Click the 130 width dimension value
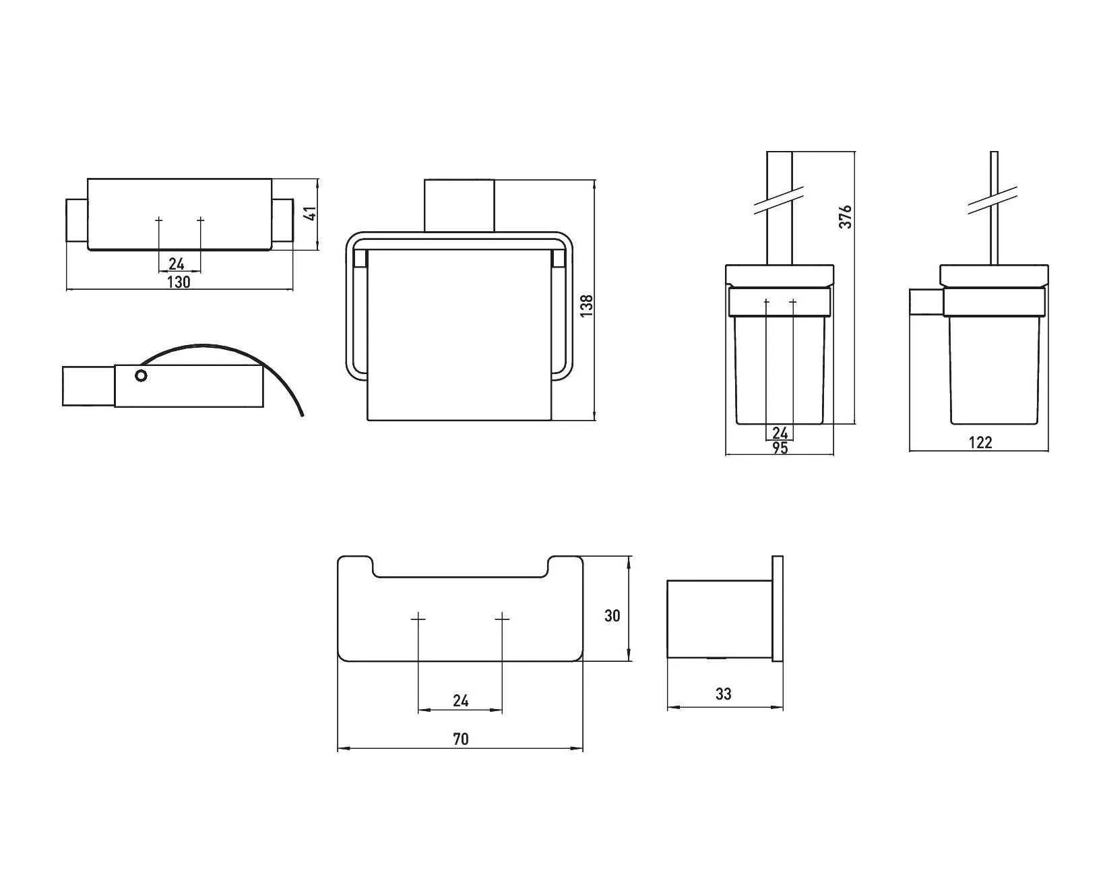click(x=179, y=282)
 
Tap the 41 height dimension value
click(x=311, y=213)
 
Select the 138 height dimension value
click(x=586, y=305)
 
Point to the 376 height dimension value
click(x=845, y=217)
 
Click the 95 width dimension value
click(x=780, y=448)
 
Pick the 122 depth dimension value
click(x=980, y=442)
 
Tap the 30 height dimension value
click(x=612, y=616)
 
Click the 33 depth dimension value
click(x=724, y=694)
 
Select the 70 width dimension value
click(x=461, y=739)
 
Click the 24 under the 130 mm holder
click(x=176, y=264)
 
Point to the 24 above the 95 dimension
click(x=780, y=433)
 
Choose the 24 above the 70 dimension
click(x=461, y=700)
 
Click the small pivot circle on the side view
click(x=141, y=376)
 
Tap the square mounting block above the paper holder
click(x=459, y=206)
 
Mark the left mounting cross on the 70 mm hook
click(x=418, y=619)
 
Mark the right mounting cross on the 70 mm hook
click(x=502, y=619)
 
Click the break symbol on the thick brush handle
click(x=779, y=200)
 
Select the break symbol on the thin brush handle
click(x=992, y=200)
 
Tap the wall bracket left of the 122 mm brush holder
click(x=926, y=302)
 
